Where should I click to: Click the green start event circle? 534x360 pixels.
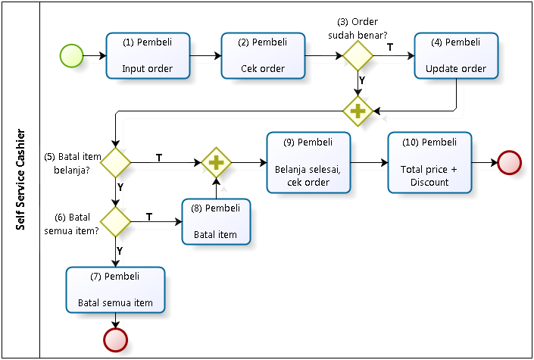[x=71, y=55]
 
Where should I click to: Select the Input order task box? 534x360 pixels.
[x=148, y=55]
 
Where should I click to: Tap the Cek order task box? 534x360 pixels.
[x=263, y=55]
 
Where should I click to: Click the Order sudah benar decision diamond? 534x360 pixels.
[x=358, y=55]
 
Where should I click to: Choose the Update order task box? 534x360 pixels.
[x=456, y=55]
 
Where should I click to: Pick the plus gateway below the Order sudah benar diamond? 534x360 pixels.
[x=358, y=111]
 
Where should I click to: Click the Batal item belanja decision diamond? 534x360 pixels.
[x=115, y=162]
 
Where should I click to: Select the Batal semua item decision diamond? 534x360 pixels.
[x=115, y=221]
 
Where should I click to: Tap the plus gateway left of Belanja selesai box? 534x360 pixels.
[x=217, y=162]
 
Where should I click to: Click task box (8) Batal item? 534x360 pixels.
[x=216, y=221]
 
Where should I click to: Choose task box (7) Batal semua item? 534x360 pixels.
[x=115, y=290]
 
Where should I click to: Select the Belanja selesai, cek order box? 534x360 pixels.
[x=308, y=163]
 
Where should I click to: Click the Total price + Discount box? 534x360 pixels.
[x=429, y=163]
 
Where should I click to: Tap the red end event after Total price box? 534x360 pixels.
[x=510, y=163]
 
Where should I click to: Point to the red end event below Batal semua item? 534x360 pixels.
[x=115, y=340]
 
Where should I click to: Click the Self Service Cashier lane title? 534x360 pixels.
[x=20, y=180]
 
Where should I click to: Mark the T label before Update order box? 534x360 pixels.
[x=390, y=47]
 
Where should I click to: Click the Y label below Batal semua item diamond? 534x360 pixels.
[x=120, y=251]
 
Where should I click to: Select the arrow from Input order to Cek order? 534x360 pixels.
[x=206, y=55]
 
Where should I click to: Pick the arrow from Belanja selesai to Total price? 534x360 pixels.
[x=369, y=163]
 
